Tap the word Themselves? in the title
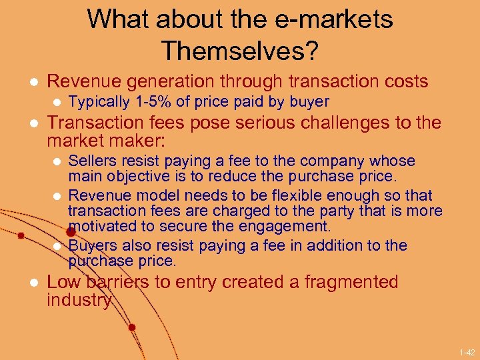click(x=239, y=50)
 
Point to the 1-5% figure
click(x=153, y=102)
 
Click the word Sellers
click(x=91, y=161)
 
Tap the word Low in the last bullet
click(x=63, y=282)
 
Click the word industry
click(x=79, y=301)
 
